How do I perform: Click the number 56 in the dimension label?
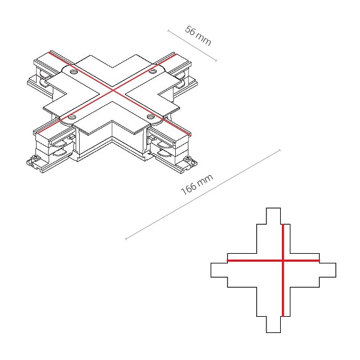[191, 31]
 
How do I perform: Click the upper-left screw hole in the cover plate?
[74, 72]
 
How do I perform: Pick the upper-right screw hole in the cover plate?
[152, 72]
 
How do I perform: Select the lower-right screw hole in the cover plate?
[151, 116]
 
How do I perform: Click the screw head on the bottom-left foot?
[36, 157]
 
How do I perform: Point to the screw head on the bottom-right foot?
[188, 157]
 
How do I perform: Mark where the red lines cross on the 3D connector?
[113, 91]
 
